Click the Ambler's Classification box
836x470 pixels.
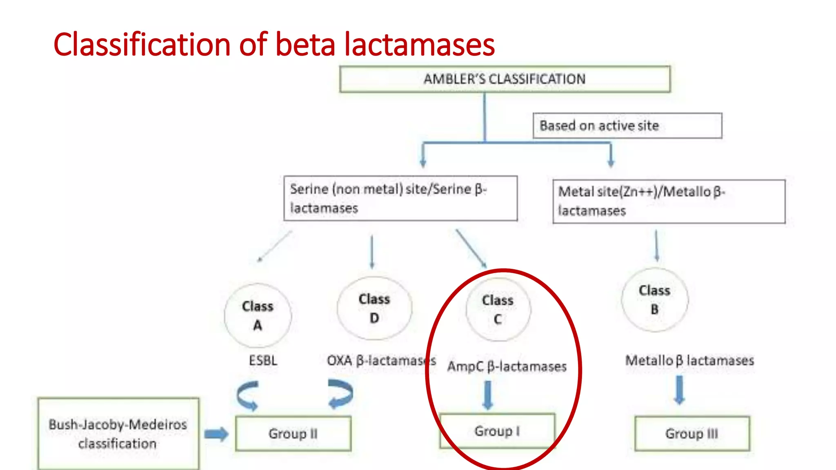(505, 79)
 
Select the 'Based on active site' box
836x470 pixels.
(627, 126)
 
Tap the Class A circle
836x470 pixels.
(258, 315)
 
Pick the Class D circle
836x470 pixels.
(374, 308)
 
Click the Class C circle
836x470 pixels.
(498, 310)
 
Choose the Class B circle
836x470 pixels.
(654, 300)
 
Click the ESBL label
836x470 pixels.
(263, 361)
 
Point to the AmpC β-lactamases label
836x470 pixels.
(507, 366)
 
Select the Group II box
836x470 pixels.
(293, 433)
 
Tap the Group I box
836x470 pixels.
(497, 431)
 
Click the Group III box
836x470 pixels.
(692, 433)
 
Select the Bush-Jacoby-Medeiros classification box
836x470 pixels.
(118, 434)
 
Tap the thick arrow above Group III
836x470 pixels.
(679, 390)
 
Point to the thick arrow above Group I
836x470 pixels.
(488, 395)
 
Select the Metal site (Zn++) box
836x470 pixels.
(669, 202)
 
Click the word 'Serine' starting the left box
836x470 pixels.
(309, 189)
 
